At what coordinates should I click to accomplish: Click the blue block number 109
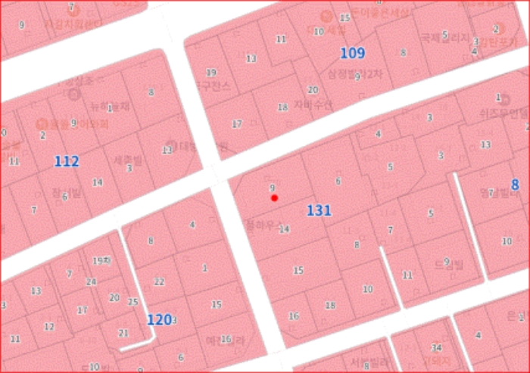pos(352,53)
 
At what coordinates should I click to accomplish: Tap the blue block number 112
pos(67,161)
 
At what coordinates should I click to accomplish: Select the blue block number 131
pos(319,210)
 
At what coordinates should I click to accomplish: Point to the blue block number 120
pos(158,319)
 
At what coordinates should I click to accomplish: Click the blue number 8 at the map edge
pos(515,185)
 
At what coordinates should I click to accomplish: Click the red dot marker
pos(275,197)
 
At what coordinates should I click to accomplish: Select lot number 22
pos(159,281)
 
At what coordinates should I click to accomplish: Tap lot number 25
pos(133,302)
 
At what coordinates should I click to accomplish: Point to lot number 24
pos(92,281)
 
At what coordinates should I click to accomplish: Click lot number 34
pos(437,347)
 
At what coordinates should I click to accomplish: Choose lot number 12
pos(49,327)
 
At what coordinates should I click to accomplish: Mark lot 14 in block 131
pos(285,228)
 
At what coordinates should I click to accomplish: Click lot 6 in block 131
pos(338,180)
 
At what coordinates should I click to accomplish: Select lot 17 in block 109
pos(237,123)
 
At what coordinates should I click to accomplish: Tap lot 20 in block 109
pos(313,89)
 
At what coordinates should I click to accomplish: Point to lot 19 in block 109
pos(211,73)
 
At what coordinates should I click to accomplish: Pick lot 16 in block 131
pos(294,315)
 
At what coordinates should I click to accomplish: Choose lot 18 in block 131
pos(330,305)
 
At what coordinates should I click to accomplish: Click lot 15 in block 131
pos(298,270)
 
